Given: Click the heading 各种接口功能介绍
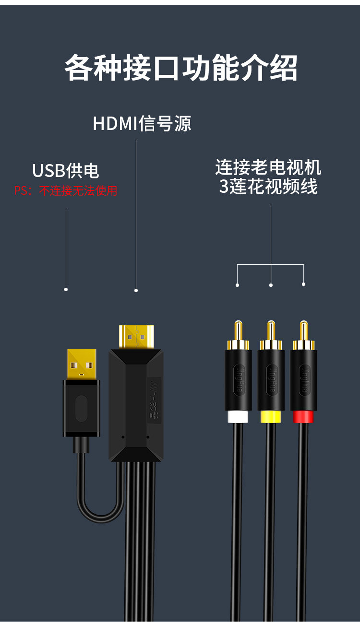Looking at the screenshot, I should (180, 68).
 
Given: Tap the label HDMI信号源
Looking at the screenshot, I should (142, 123).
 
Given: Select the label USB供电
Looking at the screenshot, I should (66, 171).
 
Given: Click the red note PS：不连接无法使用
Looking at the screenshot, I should (66, 191).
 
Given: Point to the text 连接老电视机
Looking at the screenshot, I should (268, 167).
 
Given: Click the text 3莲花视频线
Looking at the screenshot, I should (268, 187).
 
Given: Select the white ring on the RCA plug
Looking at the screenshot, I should (238, 416).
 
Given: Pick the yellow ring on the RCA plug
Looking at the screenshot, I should (271, 416).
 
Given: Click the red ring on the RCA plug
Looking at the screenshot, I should (303, 416).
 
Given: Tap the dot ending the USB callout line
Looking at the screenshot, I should (66, 289).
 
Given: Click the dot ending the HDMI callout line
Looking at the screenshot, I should (136, 290).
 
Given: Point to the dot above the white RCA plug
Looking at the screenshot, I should (237, 285).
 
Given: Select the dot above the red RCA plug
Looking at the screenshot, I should (303, 284).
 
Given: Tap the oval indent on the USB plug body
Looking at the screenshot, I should (82, 408).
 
